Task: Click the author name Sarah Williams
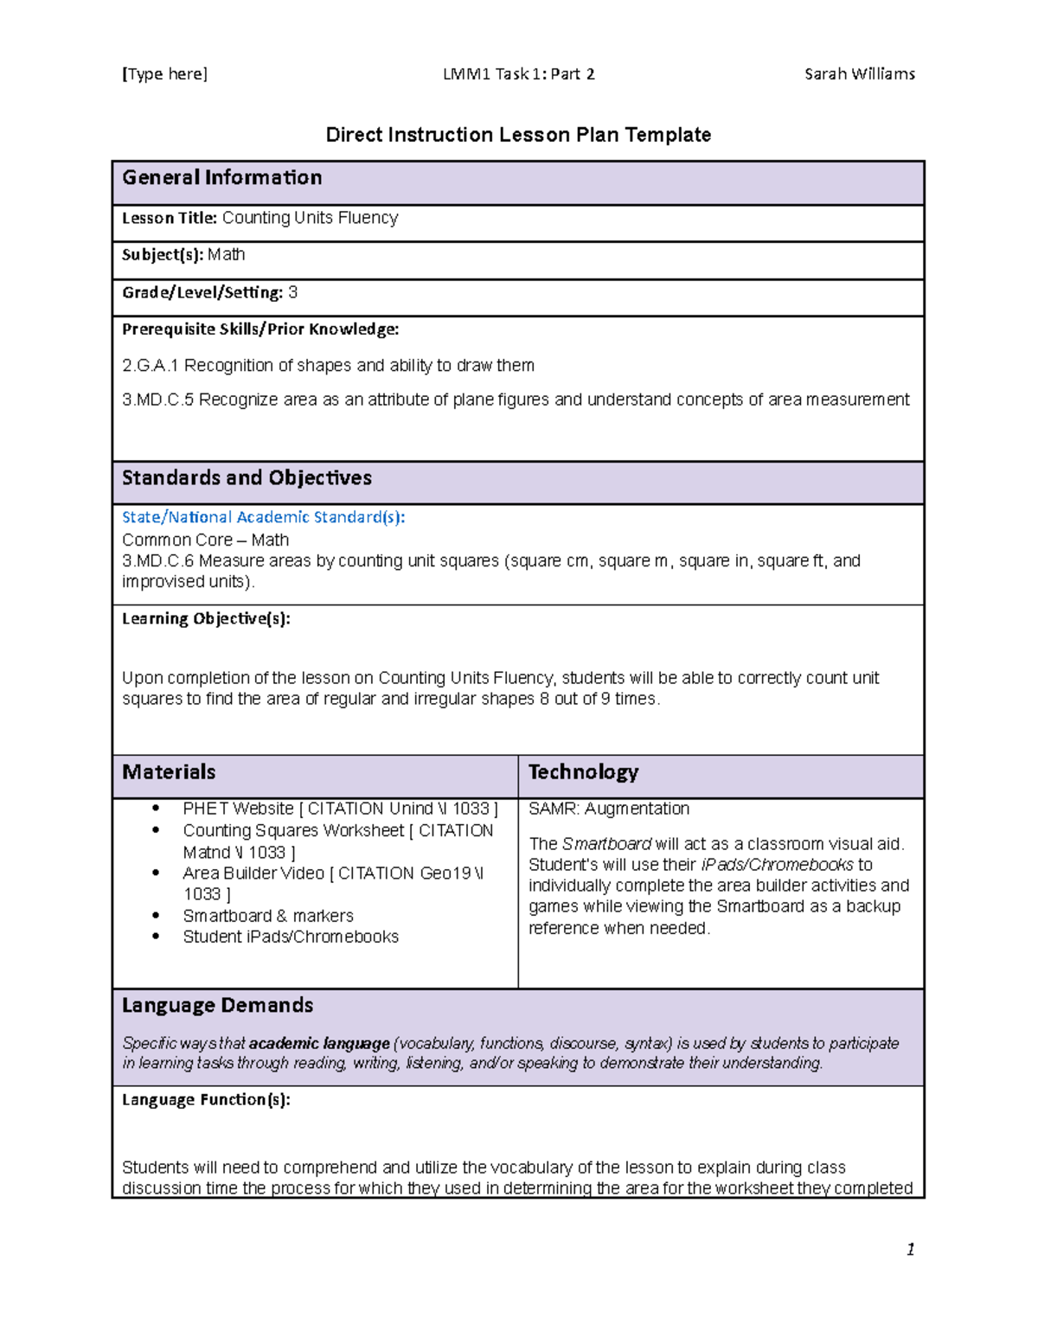(x=859, y=74)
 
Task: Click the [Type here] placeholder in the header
(x=164, y=74)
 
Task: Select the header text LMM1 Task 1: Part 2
(x=518, y=74)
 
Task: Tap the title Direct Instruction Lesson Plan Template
(x=518, y=135)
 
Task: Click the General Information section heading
(x=222, y=178)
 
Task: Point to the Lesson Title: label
(x=169, y=219)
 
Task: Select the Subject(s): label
(x=162, y=255)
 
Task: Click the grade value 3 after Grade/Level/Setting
(x=292, y=293)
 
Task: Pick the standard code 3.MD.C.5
(x=157, y=400)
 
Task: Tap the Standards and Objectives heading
(x=247, y=478)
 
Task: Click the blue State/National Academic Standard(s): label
(x=263, y=517)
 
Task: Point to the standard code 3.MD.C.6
(x=157, y=561)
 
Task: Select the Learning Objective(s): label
(x=206, y=619)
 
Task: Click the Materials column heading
(x=169, y=772)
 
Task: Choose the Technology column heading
(x=583, y=772)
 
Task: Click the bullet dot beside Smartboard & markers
(x=156, y=915)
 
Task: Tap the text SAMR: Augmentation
(x=609, y=809)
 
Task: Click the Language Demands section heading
(x=217, y=1006)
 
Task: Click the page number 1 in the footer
(x=910, y=1249)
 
